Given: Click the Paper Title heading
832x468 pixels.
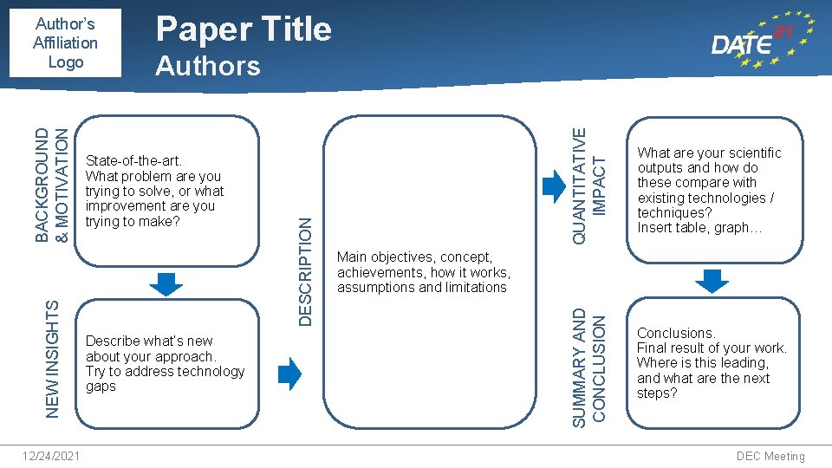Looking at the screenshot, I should tap(243, 29).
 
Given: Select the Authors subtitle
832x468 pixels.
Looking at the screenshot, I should tap(207, 66).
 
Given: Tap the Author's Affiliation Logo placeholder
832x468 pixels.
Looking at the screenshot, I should tap(65, 42).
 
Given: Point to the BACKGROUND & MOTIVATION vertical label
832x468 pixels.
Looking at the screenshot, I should tap(52, 185).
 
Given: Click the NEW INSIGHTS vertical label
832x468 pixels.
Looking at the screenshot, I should tap(52, 359).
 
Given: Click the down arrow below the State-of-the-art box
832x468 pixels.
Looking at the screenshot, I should tap(166, 283).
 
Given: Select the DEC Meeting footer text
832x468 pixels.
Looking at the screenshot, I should tap(770, 456).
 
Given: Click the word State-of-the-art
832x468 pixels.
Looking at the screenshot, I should tap(133, 161).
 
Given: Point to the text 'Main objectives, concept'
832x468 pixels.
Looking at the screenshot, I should tap(414, 257).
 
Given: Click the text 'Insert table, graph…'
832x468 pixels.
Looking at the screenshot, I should tap(699, 228).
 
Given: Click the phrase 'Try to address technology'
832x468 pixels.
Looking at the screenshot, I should tap(165, 372).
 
